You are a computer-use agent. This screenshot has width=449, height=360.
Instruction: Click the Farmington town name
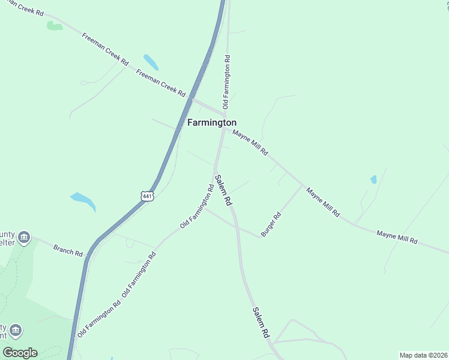(x=212, y=122)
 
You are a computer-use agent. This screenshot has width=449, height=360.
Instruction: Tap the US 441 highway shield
(x=148, y=196)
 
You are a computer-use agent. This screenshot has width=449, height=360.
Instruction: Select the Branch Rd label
(x=67, y=250)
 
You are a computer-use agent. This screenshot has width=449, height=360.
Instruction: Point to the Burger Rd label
(x=271, y=224)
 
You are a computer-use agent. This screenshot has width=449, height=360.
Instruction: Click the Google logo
(x=20, y=352)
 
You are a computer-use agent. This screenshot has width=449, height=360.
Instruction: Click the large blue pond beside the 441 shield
(x=83, y=200)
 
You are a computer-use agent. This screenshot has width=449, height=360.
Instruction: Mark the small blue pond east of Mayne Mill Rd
(x=373, y=179)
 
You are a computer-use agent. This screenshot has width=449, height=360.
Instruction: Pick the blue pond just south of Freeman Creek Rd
(x=151, y=62)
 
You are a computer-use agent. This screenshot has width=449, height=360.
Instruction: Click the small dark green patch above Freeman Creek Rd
(x=54, y=26)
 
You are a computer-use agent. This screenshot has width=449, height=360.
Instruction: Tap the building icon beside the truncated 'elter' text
(x=24, y=238)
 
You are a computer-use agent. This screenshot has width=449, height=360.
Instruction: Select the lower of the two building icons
(x=16, y=331)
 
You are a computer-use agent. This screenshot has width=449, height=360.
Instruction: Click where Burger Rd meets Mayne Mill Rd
(x=301, y=186)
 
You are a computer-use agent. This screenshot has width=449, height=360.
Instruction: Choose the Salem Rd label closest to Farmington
(x=223, y=191)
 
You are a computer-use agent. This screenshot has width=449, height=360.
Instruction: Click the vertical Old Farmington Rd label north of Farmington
(x=227, y=82)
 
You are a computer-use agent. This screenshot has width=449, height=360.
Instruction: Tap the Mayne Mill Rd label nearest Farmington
(x=250, y=143)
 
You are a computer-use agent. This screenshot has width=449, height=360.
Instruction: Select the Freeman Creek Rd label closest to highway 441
(x=160, y=83)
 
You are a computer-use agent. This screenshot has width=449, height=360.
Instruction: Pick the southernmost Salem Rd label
(x=261, y=323)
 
